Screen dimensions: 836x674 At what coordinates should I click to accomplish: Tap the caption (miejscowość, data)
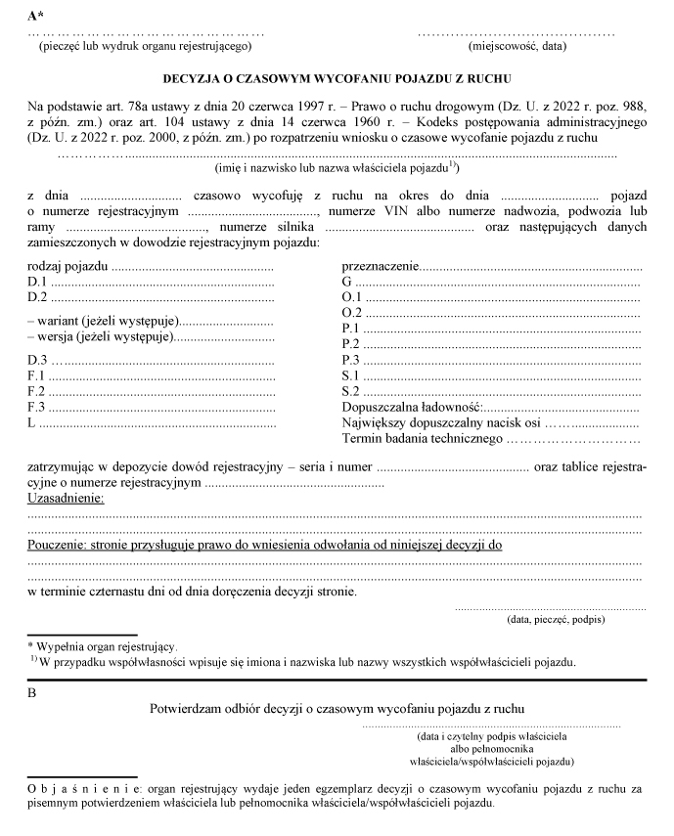(517, 46)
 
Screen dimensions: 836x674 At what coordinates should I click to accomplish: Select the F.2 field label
(37, 391)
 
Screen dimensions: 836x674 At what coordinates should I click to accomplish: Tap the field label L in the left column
(31, 422)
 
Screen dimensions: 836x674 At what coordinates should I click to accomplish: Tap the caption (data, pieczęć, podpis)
(555, 620)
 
